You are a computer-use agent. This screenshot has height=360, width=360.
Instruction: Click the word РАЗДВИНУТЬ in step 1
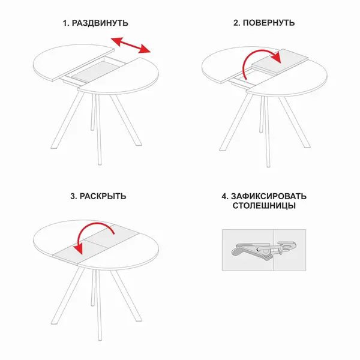pos(100,23)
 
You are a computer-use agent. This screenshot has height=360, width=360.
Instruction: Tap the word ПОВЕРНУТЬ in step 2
pos(269,23)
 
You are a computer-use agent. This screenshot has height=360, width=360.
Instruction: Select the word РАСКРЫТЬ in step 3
pos(103,196)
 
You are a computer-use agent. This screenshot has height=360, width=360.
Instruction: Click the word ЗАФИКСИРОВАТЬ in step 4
pos(268,196)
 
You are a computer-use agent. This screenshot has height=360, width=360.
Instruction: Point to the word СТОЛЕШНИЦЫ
pos(264,206)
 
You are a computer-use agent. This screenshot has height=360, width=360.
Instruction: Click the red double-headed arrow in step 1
pos(131,45)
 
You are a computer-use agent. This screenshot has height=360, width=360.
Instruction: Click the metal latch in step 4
pos(263,251)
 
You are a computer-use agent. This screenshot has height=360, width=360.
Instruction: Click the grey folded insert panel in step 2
pos(280,61)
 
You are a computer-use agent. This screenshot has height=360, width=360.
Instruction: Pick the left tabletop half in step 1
pos(73,62)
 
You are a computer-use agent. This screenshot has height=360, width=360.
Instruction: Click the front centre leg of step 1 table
pos(98,129)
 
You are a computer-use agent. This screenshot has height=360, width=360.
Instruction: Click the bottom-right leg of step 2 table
pos(295,122)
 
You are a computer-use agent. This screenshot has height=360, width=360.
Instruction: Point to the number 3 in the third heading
pos(73,197)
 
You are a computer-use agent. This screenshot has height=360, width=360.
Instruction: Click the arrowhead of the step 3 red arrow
pos(79,248)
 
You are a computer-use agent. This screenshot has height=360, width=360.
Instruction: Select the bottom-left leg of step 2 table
pos(236,122)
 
